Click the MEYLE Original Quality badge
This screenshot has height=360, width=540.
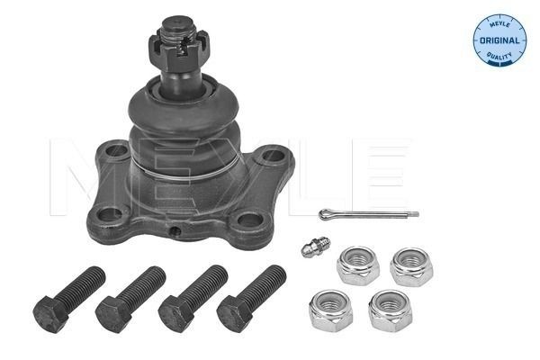498,40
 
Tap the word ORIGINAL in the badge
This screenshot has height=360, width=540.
498,40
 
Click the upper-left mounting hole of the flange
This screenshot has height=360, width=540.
117,152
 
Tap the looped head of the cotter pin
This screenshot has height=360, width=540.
324,213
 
